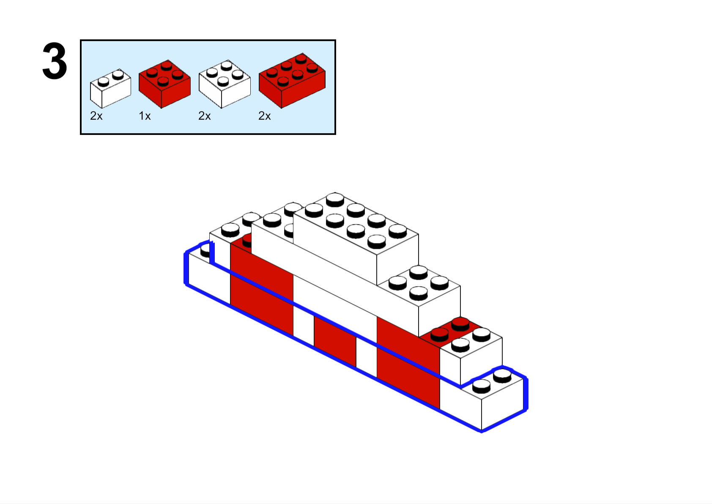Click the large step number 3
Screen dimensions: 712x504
click(x=55, y=61)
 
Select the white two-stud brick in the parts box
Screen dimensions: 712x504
click(x=110, y=88)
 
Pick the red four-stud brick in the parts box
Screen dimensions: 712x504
click(x=164, y=84)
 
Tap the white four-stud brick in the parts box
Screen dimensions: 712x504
click(x=225, y=84)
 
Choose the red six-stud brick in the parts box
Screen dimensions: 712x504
click(x=292, y=80)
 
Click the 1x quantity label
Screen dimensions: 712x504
click(x=145, y=116)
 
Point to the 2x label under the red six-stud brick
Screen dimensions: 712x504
click(x=264, y=116)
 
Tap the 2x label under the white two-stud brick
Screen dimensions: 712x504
click(x=96, y=116)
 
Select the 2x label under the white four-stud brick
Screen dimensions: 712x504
click(x=204, y=116)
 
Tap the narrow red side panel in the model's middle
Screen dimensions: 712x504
click(x=335, y=342)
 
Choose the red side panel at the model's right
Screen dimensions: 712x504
click(x=408, y=363)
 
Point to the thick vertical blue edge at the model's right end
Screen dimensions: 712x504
click(x=526, y=394)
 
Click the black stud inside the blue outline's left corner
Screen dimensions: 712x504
click(x=205, y=251)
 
